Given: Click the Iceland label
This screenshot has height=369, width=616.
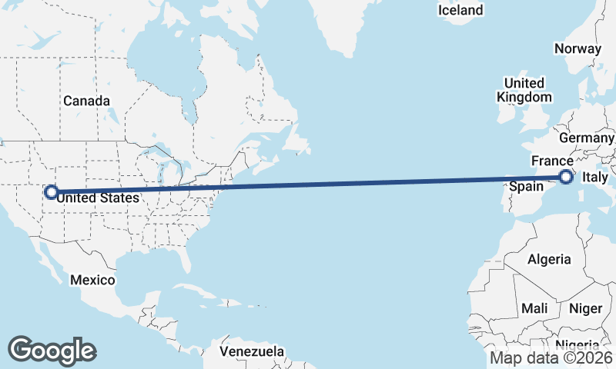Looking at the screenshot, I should [460, 10].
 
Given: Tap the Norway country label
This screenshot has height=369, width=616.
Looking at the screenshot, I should [577, 48].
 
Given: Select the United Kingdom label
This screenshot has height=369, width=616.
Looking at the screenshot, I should [524, 90].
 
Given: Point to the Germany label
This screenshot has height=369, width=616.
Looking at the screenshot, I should [586, 138].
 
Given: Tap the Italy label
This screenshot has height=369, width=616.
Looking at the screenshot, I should [595, 178].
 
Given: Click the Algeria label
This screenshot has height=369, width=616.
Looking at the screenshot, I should [549, 259].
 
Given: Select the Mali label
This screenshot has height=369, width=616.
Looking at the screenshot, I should [534, 308].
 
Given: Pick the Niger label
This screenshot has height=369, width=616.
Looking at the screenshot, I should [585, 308].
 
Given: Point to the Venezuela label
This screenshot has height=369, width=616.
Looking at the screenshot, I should [251, 351].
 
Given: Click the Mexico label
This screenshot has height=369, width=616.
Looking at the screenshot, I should [92, 280].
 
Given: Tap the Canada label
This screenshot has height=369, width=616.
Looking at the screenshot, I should [86, 101].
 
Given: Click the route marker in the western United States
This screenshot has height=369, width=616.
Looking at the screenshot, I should [51, 192].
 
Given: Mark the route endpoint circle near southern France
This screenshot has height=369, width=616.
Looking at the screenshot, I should [566, 178].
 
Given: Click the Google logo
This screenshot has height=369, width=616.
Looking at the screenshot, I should [52, 350].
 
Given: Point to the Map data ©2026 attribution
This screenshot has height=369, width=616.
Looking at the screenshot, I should [551, 357].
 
